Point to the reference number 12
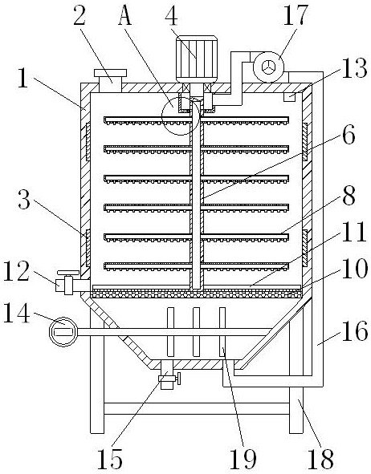[x=16, y=271]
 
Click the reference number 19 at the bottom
[x=243, y=460]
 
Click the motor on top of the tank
[x=197, y=59]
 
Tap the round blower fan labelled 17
[x=268, y=67]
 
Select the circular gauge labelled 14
[x=63, y=331]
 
